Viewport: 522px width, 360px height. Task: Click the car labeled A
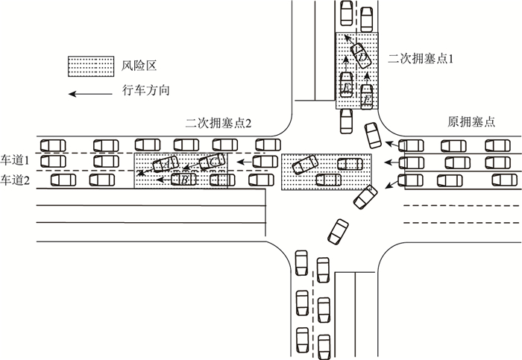tap(166, 164)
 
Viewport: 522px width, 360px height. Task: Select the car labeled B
tap(183, 179)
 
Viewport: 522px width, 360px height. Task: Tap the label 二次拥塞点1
tap(421, 57)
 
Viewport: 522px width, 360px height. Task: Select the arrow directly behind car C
tap(242, 161)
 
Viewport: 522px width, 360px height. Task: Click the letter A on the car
tap(166, 163)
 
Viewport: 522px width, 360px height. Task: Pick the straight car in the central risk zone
tap(329, 179)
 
